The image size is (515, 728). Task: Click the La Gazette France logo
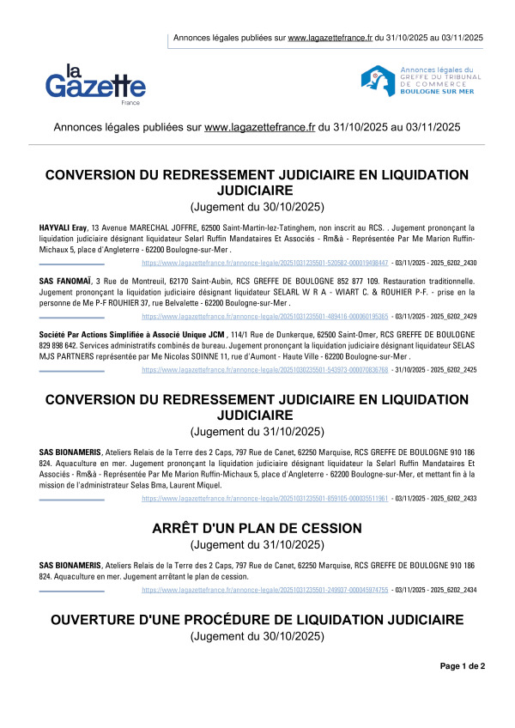point(94,82)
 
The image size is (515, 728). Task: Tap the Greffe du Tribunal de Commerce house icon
point(376,81)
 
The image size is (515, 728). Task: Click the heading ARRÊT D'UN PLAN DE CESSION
point(257,530)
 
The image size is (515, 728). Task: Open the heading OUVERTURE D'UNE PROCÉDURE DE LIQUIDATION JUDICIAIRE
point(257,620)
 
